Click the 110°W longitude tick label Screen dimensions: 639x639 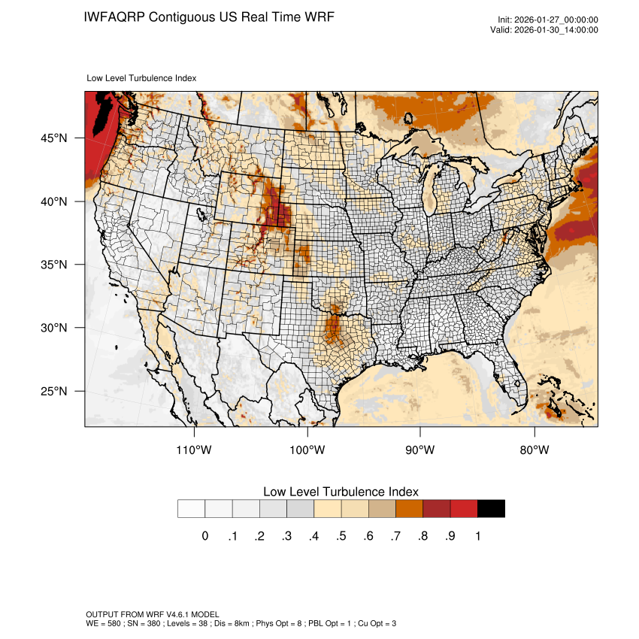195,450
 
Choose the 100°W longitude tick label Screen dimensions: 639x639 307,450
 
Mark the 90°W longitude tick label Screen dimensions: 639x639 420,450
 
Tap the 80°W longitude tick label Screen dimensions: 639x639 534,450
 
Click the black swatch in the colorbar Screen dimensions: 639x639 491,508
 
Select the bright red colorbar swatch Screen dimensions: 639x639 464,508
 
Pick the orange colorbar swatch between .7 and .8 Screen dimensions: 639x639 409,508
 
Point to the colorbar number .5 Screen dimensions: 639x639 341,536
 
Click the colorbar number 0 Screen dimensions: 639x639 204,536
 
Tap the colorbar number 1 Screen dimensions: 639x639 478,536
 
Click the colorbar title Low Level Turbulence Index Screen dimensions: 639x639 341,491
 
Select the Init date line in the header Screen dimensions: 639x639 548,20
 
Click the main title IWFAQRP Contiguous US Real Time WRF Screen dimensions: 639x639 210,17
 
